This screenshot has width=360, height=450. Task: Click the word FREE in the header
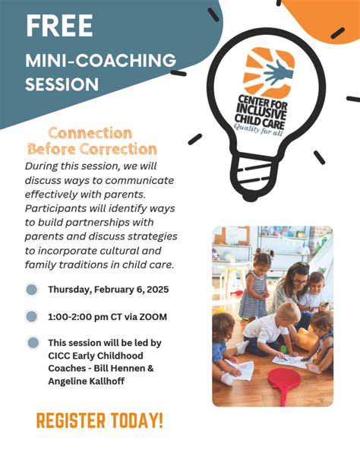coord(59,26)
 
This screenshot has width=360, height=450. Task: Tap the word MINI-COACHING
coord(101,60)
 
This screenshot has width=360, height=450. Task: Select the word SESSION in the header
coord(62,84)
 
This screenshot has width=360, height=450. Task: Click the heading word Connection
coord(90,134)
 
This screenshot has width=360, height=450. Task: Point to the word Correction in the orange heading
coord(118,149)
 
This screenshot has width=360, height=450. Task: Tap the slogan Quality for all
coord(258,129)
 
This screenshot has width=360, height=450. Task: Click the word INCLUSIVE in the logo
coord(261,112)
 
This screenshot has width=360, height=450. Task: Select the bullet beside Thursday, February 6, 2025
coord(32,290)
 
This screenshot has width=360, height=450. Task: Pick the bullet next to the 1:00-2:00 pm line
coord(32,316)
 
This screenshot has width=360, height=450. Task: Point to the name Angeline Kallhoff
coord(87,381)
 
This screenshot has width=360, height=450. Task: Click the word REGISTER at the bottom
coord(71,420)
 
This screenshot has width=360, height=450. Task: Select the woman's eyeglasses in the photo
coord(300,281)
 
